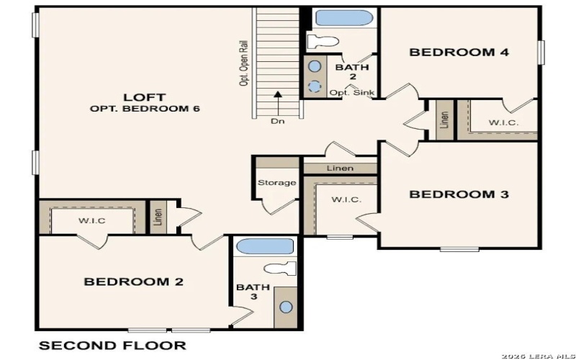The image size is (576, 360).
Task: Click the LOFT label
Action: click(x=145, y=96)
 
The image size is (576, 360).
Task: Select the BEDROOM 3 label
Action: click(x=459, y=194)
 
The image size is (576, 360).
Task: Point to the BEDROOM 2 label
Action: click(x=134, y=282)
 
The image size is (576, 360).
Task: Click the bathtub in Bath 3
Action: click(x=264, y=246)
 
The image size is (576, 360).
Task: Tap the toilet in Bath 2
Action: click(x=321, y=40)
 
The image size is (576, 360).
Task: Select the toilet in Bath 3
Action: click(x=281, y=269)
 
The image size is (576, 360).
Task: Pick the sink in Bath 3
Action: click(x=286, y=307)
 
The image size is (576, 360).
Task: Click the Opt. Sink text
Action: click(x=347, y=93)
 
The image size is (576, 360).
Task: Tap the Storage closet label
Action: click(x=276, y=183)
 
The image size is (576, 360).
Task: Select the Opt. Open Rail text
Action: click(x=243, y=63)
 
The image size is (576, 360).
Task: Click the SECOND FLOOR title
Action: click(x=112, y=346)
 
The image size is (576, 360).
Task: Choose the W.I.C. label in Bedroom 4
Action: click(x=503, y=122)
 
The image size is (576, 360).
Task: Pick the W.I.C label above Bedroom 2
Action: click(x=92, y=220)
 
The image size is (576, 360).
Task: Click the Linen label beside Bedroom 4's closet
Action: click(x=445, y=120)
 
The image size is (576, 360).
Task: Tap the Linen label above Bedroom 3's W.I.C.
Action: click(x=340, y=168)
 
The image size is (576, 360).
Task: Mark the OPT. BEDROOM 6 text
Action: click(x=145, y=109)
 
